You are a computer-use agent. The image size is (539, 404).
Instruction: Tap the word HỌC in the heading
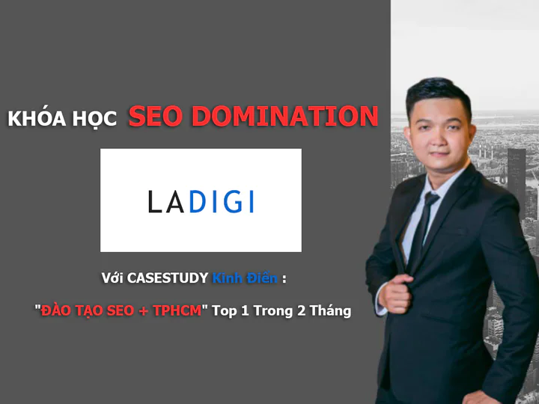tap(96, 120)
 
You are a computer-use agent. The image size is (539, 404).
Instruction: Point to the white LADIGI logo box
tap(201, 200)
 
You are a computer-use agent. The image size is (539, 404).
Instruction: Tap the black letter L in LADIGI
tap(154, 202)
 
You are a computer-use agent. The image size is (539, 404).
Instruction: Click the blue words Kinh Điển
tap(245, 279)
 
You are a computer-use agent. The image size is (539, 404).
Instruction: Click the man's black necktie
tap(424, 224)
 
